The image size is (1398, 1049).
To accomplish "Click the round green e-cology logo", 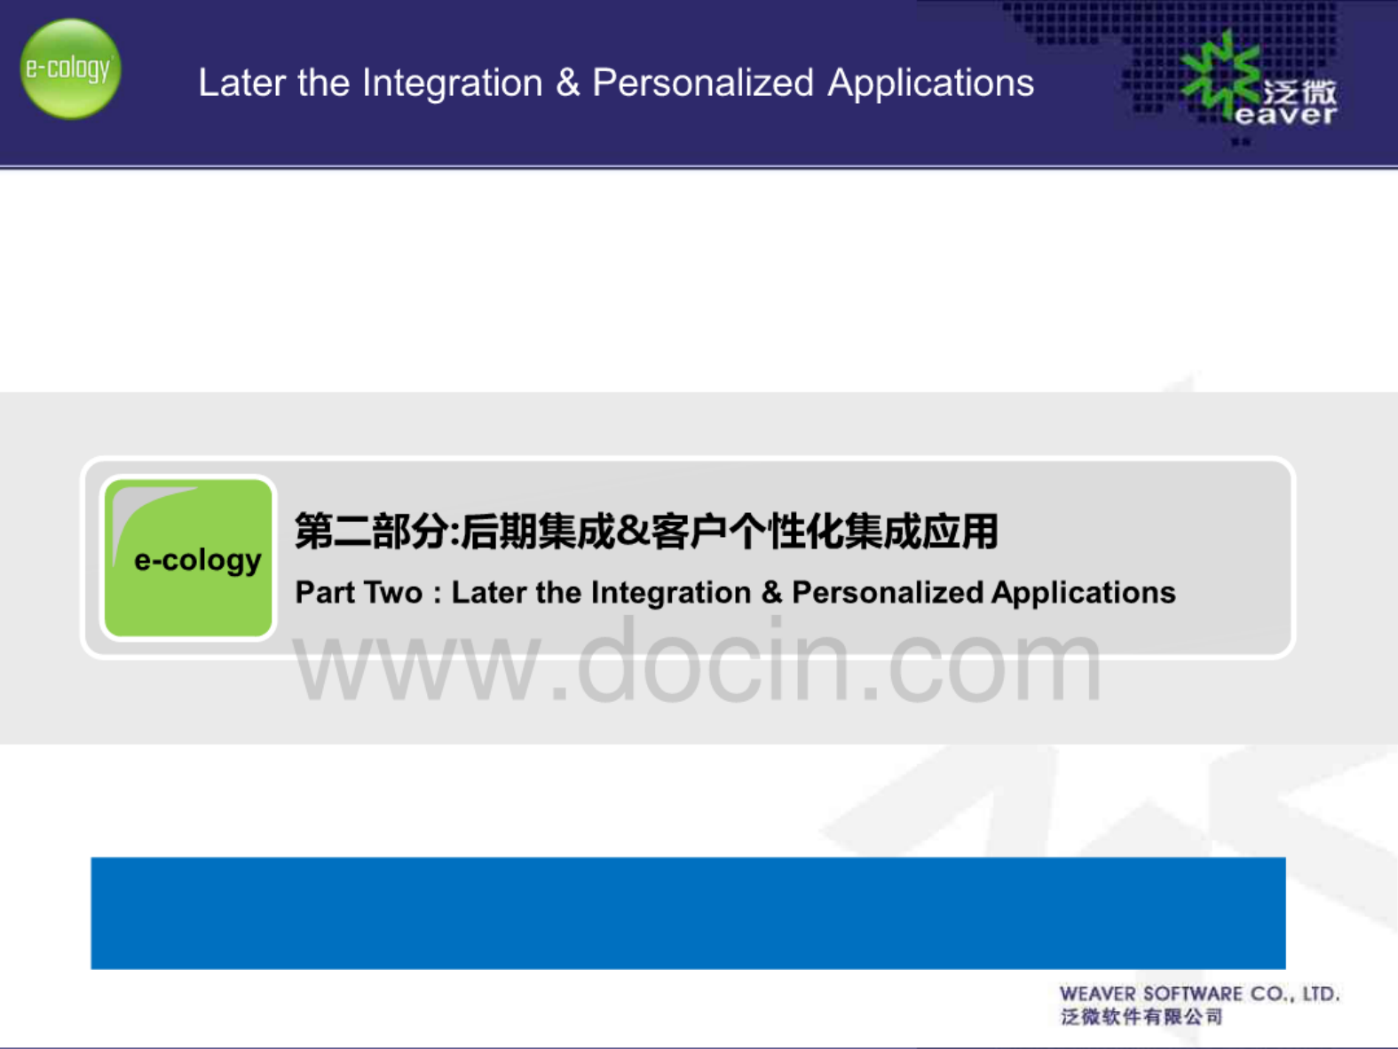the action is click(x=71, y=68).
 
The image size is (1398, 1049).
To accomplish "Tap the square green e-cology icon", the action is click(x=188, y=557).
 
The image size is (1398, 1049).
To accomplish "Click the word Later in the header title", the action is click(x=242, y=83).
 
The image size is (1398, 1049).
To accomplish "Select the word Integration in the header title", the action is click(x=452, y=84).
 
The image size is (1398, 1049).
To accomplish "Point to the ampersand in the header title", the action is click(x=567, y=83).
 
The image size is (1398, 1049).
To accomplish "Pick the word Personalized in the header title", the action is click(x=703, y=83).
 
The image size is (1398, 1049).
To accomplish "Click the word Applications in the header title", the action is click(x=930, y=84).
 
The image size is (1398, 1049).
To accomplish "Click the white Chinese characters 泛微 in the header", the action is click(x=1299, y=93).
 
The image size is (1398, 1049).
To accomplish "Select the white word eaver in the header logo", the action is click(x=1285, y=115).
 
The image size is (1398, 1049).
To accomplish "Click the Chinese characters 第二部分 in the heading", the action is click(x=371, y=532).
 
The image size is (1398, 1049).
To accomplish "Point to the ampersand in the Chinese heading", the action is click(x=633, y=532).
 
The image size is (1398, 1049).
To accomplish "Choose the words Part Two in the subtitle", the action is click(x=359, y=593).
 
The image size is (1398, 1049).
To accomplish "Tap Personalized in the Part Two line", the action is click(x=888, y=593).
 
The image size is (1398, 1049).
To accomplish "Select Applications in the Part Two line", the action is click(x=1084, y=593).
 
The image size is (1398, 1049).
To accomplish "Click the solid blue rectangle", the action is click(x=689, y=913).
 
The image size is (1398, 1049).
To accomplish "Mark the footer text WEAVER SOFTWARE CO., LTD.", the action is click(x=1200, y=994).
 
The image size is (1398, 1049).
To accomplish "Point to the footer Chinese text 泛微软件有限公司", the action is click(x=1141, y=1017).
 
